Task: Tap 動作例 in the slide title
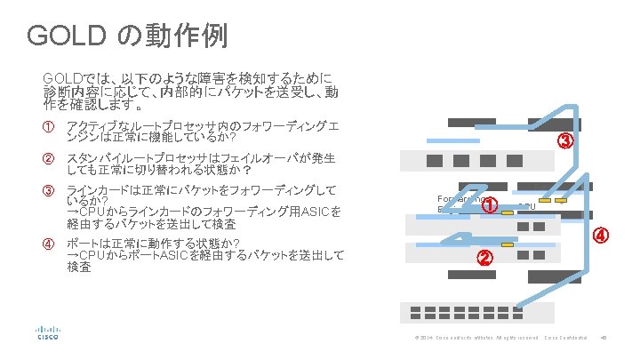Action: click(196, 36)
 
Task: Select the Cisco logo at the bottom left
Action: click(47, 331)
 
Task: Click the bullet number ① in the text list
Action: click(50, 123)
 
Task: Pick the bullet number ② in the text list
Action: click(50, 158)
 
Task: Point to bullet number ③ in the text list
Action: click(50, 190)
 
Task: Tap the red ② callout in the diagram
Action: click(484, 259)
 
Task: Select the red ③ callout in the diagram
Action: click(566, 141)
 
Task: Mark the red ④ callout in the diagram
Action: click(602, 236)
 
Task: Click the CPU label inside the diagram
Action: click(526, 206)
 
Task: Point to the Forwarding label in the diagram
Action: click(460, 199)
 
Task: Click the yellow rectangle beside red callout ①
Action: click(510, 201)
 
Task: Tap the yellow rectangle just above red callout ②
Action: click(507, 244)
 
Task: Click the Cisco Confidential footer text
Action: click(565, 338)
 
